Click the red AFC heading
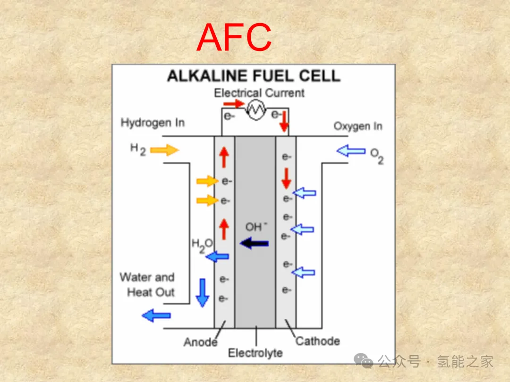tap(234, 38)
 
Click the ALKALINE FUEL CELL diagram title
tap(254, 76)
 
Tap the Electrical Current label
tap(259, 93)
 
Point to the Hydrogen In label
tap(153, 123)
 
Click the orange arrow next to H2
tap(165, 150)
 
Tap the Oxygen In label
tap(358, 126)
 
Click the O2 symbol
tap(377, 156)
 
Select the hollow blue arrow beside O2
tap(351, 151)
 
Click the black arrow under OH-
tap(254, 243)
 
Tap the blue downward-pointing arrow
tap(203, 292)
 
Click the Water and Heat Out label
tap(147, 284)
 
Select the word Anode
tap(200, 341)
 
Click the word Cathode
tap(317, 340)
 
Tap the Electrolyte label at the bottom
tap(255, 353)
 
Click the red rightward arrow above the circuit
tap(233, 103)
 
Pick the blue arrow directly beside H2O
tap(218, 257)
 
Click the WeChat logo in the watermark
tap(364, 362)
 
